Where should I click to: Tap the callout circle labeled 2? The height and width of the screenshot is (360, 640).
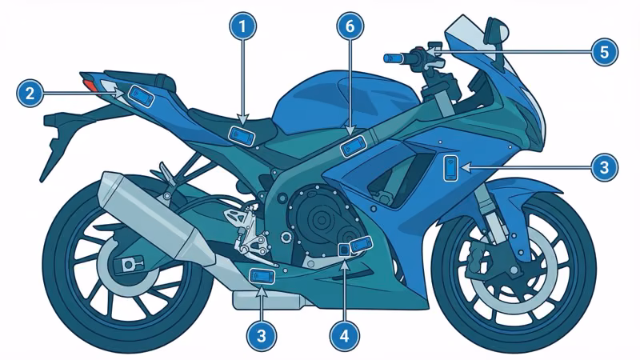pos(30,94)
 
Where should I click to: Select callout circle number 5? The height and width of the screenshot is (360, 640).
pos(605,52)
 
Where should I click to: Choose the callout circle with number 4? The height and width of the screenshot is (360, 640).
pos(344,336)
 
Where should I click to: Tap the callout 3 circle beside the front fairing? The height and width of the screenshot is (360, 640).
pos(605,167)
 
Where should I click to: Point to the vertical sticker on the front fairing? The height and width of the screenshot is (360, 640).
pos(451,168)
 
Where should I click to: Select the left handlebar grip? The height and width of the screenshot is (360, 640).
pos(396,58)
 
